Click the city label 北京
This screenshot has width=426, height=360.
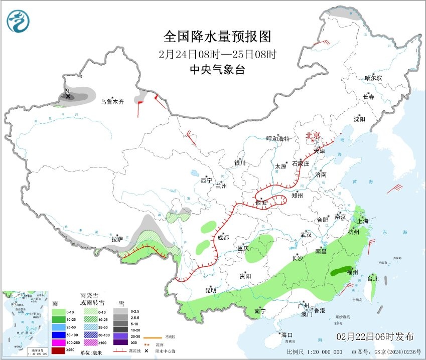pyautogui.click(x=313, y=135)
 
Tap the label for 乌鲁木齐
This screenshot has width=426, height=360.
pyautogui.click(x=111, y=102)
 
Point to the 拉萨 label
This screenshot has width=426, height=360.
pyautogui.click(x=117, y=240)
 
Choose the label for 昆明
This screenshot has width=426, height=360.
pyautogui.click(x=210, y=290)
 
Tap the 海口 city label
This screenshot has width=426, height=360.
pyautogui.click(x=287, y=334)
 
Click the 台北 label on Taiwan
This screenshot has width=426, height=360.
pyautogui.click(x=373, y=278)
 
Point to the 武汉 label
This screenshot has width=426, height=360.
pyautogui.click(x=306, y=235)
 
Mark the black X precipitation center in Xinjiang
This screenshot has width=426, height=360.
pyautogui.click(x=68, y=96)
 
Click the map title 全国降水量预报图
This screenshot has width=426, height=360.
pyautogui.click(x=217, y=37)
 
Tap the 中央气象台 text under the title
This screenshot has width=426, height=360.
pyautogui.click(x=217, y=70)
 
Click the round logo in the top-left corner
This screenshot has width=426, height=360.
pyautogui.click(x=18, y=22)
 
